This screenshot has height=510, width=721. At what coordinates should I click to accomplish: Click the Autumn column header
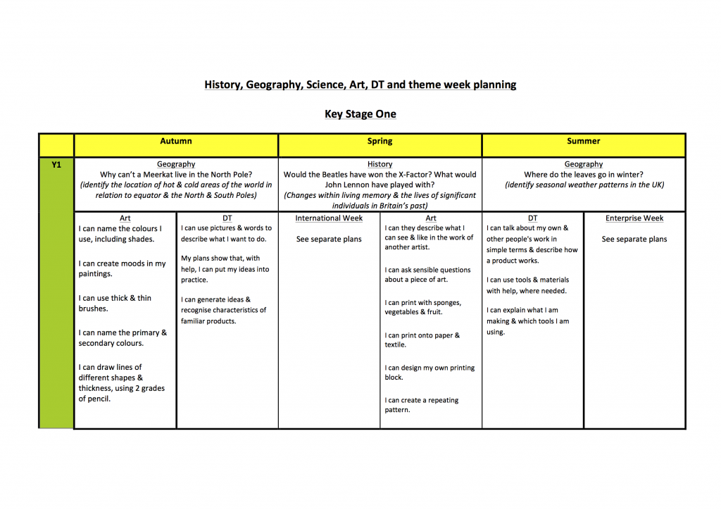click(x=176, y=141)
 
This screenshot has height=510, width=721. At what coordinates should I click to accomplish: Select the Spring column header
click(x=380, y=141)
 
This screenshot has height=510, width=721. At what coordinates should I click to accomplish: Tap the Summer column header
click(x=584, y=141)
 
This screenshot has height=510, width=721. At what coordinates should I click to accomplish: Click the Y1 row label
click(x=56, y=165)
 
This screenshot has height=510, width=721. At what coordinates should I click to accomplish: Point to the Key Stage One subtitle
click(x=360, y=114)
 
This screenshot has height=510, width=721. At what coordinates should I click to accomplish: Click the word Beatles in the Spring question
click(x=344, y=175)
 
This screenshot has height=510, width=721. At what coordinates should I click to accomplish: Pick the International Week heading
click(x=329, y=218)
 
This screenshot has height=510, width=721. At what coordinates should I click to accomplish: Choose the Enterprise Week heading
click(x=634, y=218)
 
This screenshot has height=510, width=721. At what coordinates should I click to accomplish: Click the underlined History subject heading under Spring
click(x=380, y=164)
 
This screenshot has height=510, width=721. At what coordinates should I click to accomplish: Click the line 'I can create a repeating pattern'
click(x=421, y=405)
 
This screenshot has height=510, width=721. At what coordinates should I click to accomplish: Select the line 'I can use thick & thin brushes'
click(x=115, y=304)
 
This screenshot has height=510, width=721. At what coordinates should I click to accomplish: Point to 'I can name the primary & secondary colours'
click(x=123, y=338)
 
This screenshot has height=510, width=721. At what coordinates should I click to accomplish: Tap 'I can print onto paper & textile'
click(x=422, y=340)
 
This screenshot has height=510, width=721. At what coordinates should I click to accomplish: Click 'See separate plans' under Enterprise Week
click(x=634, y=240)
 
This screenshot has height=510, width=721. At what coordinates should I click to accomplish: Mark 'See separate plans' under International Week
click(x=329, y=240)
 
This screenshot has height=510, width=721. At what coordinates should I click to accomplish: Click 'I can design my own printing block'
click(x=430, y=373)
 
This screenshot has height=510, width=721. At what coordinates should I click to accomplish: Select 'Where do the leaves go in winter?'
click(x=584, y=175)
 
